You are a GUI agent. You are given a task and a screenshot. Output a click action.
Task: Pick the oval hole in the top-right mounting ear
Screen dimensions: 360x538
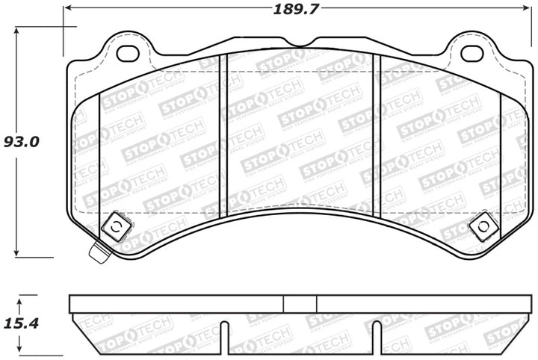(x=471, y=54)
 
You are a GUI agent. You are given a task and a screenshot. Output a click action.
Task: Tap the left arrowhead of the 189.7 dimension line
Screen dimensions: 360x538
(x=68, y=9)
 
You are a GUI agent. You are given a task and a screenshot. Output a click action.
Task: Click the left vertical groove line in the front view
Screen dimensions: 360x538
(x=221, y=134)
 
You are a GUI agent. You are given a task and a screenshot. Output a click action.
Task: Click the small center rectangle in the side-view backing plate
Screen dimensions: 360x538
(x=300, y=304)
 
